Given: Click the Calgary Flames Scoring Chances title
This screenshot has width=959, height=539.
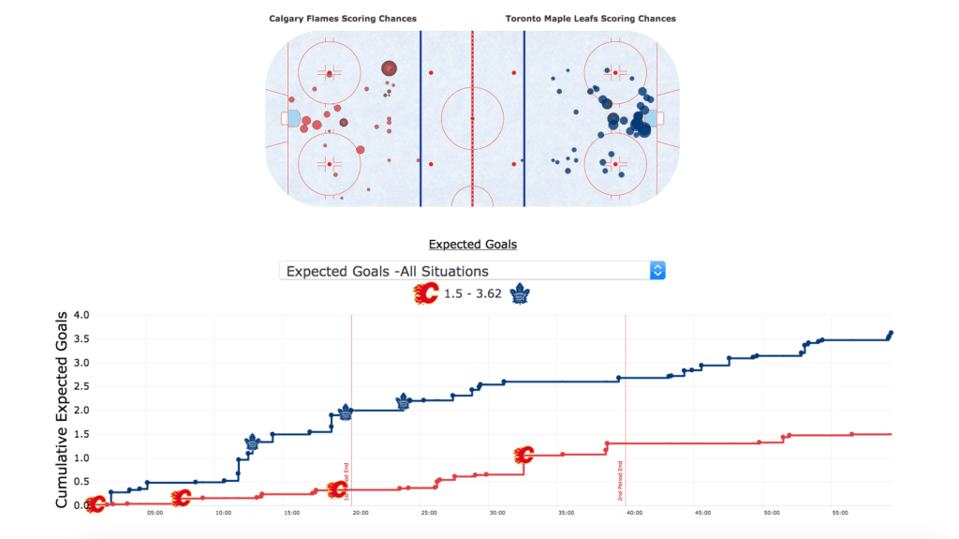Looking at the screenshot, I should point(343,19).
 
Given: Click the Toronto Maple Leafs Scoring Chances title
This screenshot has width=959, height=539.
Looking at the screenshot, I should point(590,19).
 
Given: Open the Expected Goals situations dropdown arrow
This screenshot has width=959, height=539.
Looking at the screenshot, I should point(657,271).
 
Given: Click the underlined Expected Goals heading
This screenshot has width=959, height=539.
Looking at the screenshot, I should point(472,245).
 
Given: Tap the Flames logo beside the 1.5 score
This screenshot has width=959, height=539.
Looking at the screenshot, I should point(426,295).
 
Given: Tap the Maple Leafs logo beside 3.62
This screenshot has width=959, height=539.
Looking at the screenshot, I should point(519,295).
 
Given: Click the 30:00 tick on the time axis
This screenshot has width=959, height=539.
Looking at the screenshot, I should point(497,513).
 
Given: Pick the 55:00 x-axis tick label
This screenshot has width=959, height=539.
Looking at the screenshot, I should point(840,513).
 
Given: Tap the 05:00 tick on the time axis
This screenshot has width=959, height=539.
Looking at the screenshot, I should point(155,513).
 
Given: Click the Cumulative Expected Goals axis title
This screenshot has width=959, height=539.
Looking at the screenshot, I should point(62,410).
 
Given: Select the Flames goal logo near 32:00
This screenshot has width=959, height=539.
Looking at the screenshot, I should point(524,456).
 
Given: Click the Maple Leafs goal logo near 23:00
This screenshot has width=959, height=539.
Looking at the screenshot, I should point(404,402).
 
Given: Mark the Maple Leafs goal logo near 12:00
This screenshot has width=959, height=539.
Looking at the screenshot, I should point(252,443).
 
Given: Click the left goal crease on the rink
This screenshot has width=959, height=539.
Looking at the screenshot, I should point(293,118).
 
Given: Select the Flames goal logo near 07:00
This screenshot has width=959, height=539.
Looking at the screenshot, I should point(181,498).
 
